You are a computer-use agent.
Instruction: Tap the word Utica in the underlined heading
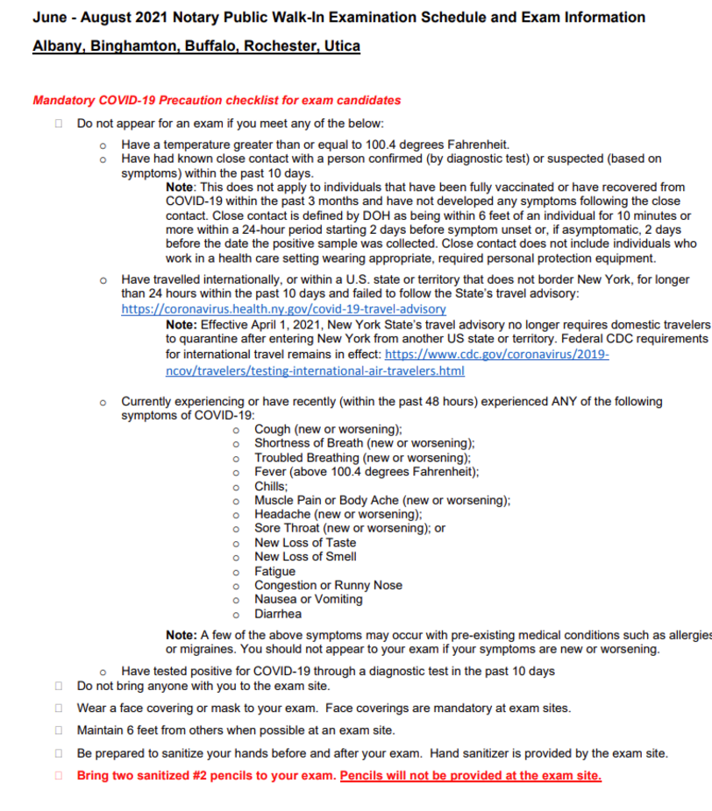341,46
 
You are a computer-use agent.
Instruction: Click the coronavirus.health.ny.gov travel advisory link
283,309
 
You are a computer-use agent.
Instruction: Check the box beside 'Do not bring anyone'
59,687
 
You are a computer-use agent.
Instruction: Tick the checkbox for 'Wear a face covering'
59,708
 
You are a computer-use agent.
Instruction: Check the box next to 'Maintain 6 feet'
59,730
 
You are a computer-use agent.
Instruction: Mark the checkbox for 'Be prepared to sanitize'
59,753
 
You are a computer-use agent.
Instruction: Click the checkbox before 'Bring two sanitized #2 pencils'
59,775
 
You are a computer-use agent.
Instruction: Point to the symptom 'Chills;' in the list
271,486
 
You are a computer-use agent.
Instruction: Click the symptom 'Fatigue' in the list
274,571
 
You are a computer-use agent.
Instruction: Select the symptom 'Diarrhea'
278,614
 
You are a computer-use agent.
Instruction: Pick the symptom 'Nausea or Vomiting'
308,599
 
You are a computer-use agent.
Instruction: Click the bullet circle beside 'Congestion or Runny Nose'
236,586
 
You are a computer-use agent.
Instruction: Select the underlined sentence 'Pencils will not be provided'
470,776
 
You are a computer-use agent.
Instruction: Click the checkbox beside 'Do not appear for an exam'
59,123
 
